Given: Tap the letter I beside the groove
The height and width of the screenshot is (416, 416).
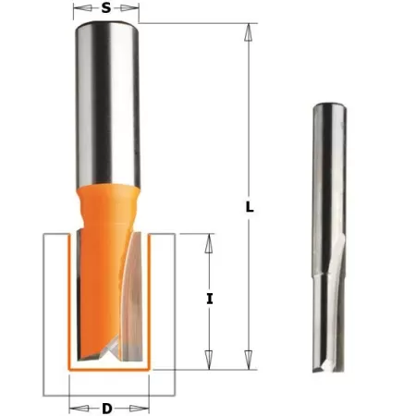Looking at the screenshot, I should (211, 299).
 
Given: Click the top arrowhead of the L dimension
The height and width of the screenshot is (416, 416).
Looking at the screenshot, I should (249, 29).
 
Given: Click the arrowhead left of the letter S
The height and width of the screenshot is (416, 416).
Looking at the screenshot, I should (78, 11).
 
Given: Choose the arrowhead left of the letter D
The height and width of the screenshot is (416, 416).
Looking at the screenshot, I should (73, 407).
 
